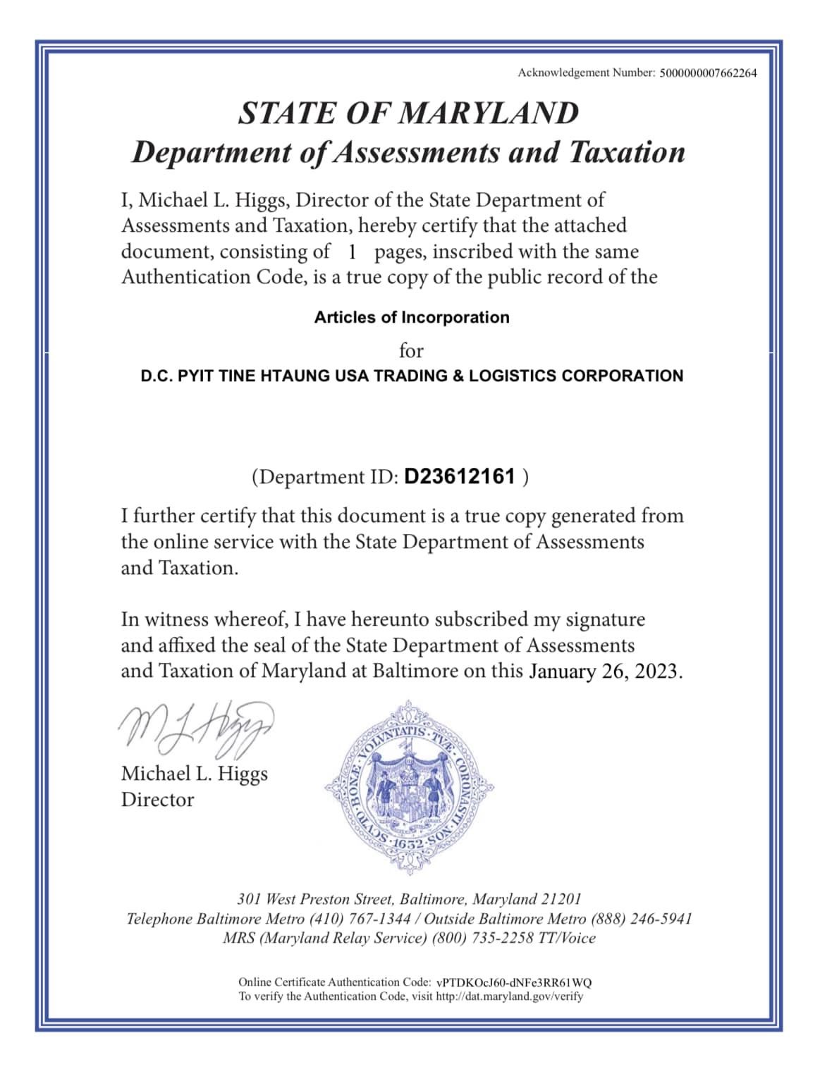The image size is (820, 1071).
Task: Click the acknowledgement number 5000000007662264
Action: tap(708, 73)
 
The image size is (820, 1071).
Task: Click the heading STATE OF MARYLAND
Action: tap(409, 113)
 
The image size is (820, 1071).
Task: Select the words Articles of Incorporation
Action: tap(412, 317)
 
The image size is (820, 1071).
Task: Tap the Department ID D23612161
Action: tap(460, 477)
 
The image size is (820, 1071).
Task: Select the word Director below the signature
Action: tap(157, 800)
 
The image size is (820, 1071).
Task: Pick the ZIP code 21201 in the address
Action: tap(561, 899)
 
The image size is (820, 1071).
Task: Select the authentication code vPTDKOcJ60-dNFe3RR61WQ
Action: tap(514, 982)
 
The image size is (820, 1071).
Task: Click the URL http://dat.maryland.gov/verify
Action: tap(510, 996)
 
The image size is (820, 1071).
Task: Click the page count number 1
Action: tap(352, 252)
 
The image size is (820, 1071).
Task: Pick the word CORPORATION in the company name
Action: tap(622, 376)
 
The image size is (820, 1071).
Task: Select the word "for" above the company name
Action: tap(411, 350)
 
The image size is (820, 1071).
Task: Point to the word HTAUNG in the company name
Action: tap(295, 376)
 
